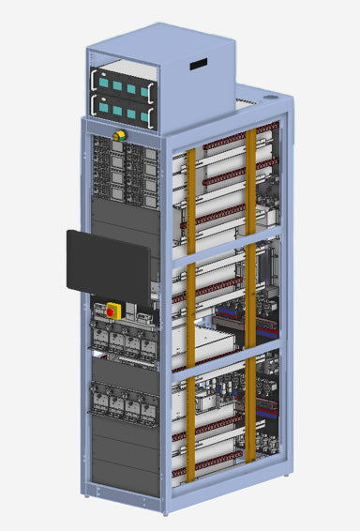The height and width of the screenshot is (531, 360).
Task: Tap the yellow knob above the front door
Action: coord(119,137)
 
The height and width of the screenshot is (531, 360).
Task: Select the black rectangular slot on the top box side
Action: coord(198,66)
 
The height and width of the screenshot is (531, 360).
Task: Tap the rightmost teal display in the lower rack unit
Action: coord(145,116)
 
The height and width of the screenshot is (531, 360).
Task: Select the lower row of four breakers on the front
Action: coord(122,403)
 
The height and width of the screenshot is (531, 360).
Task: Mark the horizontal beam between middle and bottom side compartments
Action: coord(225,357)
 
